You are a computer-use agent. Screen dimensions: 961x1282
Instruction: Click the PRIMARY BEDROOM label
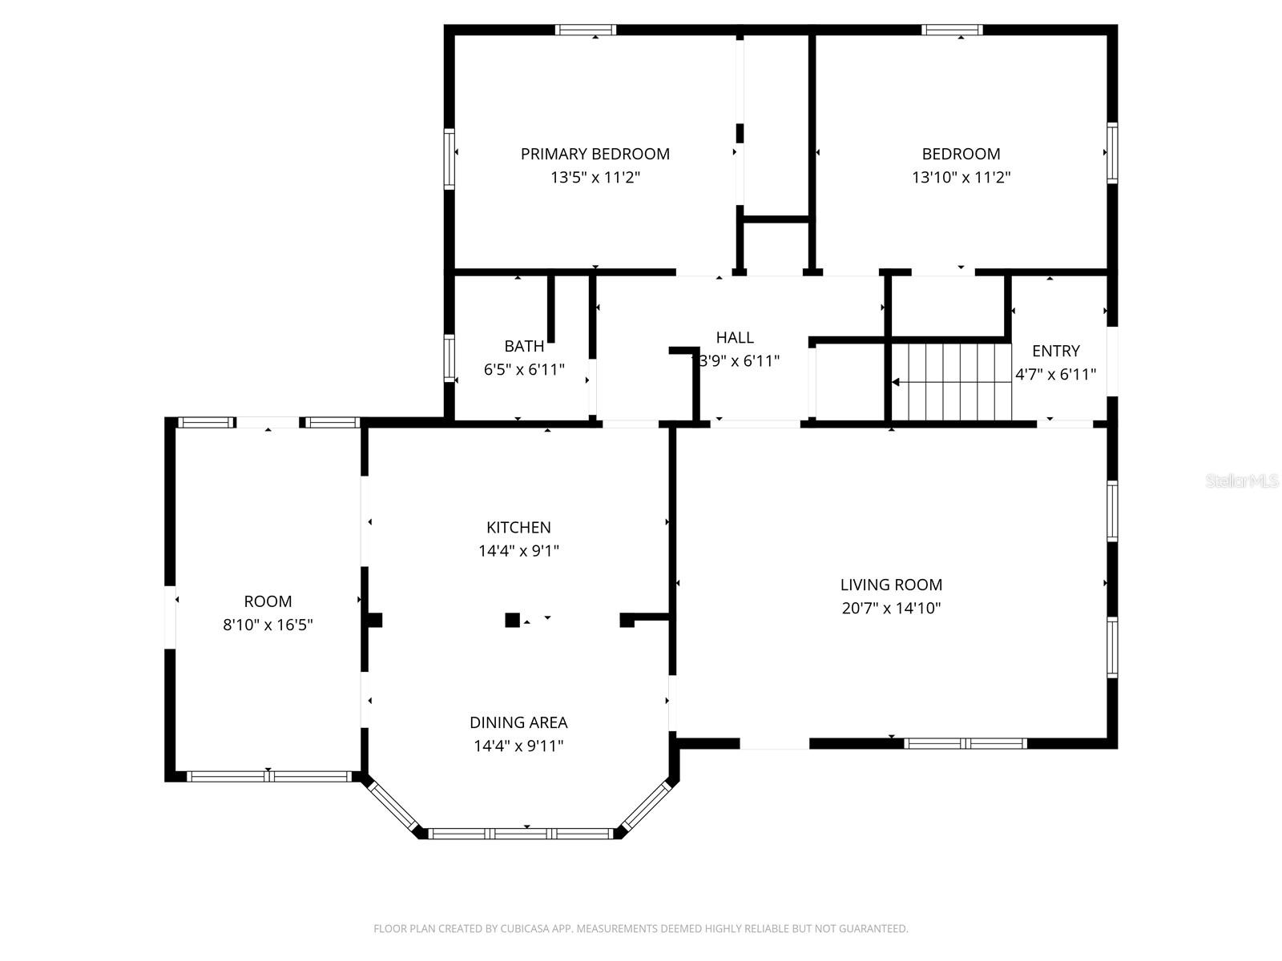tap(595, 154)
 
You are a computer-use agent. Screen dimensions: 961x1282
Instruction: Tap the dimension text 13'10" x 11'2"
tap(961, 177)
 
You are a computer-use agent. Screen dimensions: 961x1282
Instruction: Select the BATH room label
tap(524, 346)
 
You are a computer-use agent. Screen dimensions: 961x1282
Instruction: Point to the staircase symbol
tap(951, 382)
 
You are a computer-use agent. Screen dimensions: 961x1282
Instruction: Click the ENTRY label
tap(1055, 351)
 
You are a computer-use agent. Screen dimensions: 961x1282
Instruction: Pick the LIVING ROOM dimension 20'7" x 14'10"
tap(891, 608)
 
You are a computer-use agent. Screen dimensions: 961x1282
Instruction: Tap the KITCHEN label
tap(518, 527)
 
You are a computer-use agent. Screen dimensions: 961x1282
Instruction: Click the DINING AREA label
tap(518, 722)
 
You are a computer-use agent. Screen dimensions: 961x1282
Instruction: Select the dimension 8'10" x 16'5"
tap(268, 625)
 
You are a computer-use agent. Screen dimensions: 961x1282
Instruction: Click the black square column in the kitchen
tap(512, 620)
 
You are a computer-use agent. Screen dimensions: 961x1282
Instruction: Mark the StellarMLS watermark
tap(1241, 480)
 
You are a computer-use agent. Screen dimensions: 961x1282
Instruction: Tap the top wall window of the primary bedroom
tap(586, 30)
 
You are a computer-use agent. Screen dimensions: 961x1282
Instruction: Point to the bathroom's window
tap(450, 357)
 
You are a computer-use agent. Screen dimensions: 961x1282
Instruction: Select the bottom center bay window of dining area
tap(521, 834)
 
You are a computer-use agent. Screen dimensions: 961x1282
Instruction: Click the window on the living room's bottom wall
tap(965, 743)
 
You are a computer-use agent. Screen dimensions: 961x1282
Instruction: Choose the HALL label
tap(735, 337)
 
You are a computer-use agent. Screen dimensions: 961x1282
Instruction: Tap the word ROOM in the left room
tap(268, 601)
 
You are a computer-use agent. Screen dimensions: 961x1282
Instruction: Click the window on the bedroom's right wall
tap(1112, 152)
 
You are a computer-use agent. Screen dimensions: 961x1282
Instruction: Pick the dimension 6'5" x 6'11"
tap(524, 370)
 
